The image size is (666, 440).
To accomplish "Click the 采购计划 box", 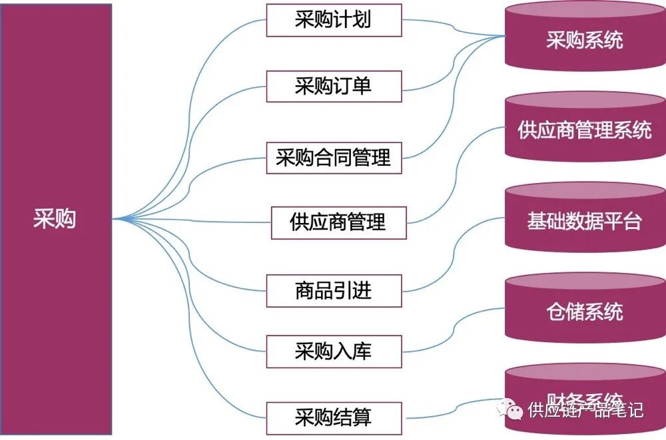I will [x=334, y=20].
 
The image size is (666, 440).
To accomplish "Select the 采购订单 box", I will [x=334, y=86].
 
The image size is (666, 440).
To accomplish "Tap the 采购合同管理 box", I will [x=334, y=158].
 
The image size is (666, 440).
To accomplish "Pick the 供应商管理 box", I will [x=338, y=222].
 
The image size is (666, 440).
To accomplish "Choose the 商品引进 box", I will [x=334, y=290].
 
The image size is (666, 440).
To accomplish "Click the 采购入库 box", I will [x=334, y=351].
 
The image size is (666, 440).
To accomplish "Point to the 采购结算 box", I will [x=334, y=417].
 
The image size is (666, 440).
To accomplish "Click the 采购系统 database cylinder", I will [x=585, y=40].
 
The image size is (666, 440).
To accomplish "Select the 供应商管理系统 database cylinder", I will [x=585, y=130].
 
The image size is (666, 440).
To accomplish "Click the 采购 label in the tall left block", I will [x=55, y=219].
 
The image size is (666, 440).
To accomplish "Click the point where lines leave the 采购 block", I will [x=113, y=218].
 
